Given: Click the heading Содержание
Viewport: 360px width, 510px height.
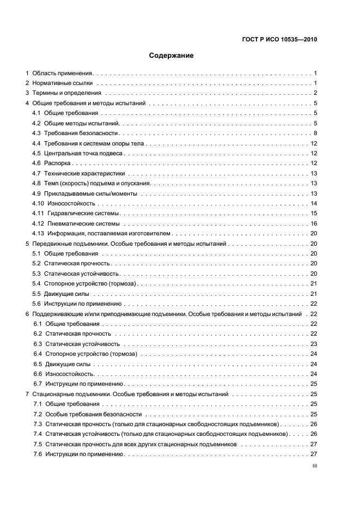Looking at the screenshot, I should point(171,55).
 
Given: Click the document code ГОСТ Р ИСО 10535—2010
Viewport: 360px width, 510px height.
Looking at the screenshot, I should point(279,39).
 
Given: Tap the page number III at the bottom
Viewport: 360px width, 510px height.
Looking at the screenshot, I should point(314,466).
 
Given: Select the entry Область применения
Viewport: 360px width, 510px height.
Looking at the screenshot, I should point(63,72).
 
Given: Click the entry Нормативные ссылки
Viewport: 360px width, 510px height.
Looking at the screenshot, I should point(62,83).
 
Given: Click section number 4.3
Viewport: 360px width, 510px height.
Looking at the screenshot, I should point(37,133).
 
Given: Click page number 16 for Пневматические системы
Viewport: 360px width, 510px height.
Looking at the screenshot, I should point(314,223).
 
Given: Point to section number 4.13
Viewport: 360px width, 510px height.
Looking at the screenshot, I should point(39,233).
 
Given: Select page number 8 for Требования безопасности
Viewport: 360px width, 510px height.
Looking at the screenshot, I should point(315,133).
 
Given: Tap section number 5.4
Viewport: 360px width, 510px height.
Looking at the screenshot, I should point(37,284).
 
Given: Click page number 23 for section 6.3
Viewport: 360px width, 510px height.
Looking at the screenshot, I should point(314,344).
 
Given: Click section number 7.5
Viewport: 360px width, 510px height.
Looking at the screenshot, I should point(38,445).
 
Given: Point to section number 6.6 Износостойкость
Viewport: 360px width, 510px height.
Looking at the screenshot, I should point(38,374).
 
